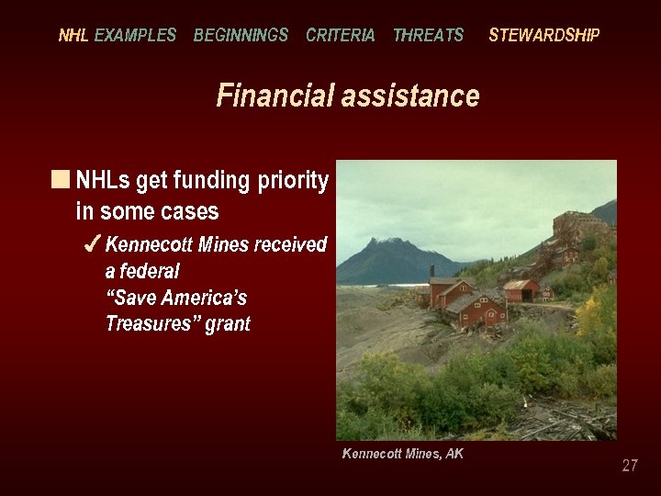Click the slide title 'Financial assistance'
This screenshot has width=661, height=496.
(347, 96)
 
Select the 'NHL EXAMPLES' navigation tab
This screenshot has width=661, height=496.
(117, 36)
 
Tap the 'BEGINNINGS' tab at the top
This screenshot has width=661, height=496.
(241, 36)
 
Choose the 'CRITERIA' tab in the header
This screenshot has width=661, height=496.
(340, 36)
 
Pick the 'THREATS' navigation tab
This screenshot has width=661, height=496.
(428, 36)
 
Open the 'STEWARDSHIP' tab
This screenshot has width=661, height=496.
(543, 36)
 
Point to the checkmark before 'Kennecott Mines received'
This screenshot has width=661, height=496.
(92, 244)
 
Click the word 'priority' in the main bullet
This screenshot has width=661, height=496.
(292, 181)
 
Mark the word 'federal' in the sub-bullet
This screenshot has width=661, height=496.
(151, 271)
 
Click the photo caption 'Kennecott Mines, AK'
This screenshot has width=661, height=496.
(402, 454)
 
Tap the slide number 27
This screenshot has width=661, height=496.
(629, 466)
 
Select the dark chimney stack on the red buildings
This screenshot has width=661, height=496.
(431, 273)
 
